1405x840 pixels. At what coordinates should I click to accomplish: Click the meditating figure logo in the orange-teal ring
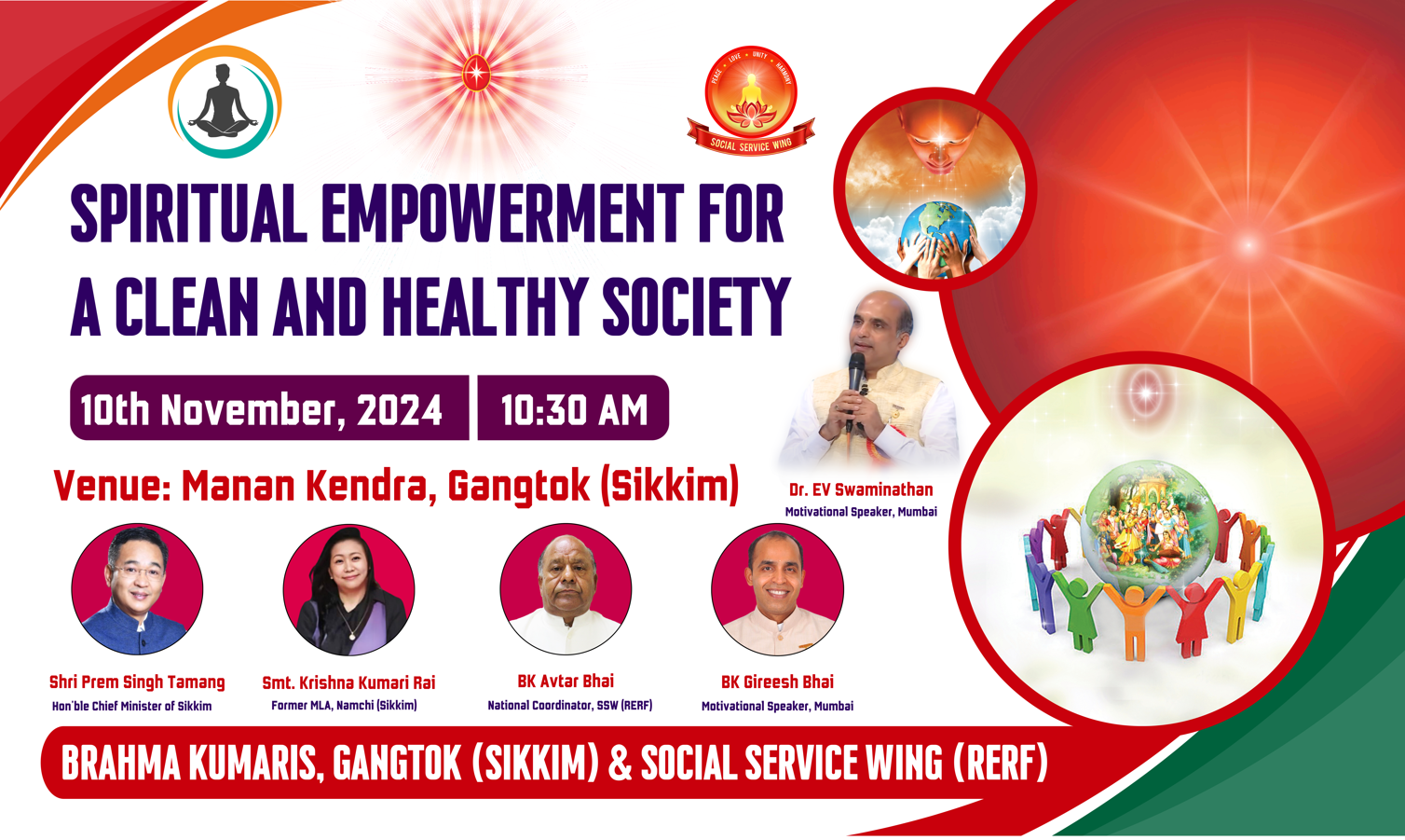[225, 102]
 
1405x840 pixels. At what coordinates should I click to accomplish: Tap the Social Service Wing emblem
[751, 101]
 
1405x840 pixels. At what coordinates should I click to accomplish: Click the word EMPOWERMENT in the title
[502, 213]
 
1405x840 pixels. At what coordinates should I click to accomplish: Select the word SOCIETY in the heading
[696, 307]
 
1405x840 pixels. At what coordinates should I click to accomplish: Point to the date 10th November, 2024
[262, 410]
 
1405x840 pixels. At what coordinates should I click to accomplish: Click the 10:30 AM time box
[573, 408]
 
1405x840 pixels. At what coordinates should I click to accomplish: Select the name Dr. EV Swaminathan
[861, 489]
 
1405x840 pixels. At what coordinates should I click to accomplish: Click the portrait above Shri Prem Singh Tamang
[137, 589]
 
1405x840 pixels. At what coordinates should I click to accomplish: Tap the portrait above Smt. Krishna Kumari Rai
[348, 589]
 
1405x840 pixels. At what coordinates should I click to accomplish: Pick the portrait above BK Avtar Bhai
[566, 589]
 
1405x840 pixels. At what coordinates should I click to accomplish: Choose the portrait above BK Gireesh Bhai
[777, 589]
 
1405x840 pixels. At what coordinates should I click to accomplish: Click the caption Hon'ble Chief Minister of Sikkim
[131, 707]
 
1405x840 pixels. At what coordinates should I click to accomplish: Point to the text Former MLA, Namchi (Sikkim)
[345, 706]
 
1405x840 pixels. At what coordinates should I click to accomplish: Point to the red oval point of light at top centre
[476, 72]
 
